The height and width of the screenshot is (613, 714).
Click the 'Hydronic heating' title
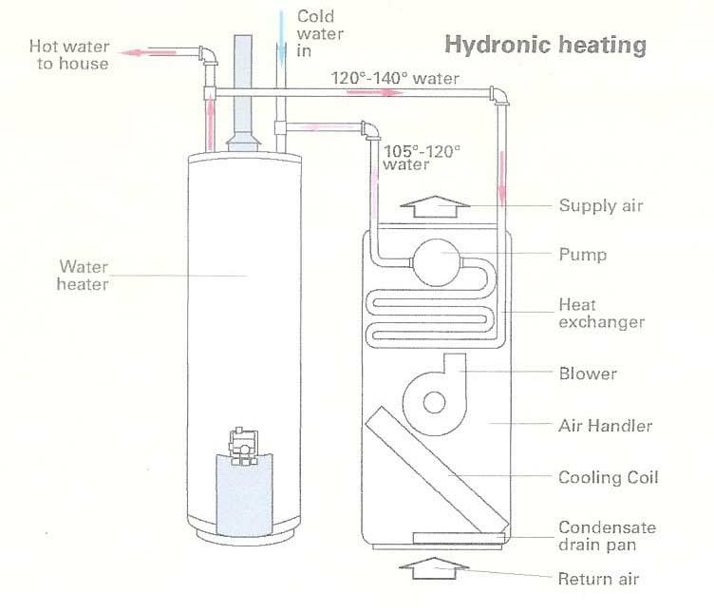pos(545,45)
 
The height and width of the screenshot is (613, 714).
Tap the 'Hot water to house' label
pos(68,55)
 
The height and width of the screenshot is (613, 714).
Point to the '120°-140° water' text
pos(395,78)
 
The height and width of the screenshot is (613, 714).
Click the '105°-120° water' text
pos(421,157)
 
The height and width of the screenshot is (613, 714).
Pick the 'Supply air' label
pos(601,206)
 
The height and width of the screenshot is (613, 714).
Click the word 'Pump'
pos(583,255)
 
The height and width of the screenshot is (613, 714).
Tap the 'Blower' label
pos(588,374)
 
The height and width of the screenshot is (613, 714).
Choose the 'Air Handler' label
pos(605,427)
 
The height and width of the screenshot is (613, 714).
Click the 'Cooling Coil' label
pos(608,477)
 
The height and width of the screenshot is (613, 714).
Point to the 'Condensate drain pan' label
pos(607,536)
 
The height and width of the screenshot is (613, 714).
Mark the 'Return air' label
pos(598,579)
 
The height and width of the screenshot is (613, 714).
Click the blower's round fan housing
pos(434,400)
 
